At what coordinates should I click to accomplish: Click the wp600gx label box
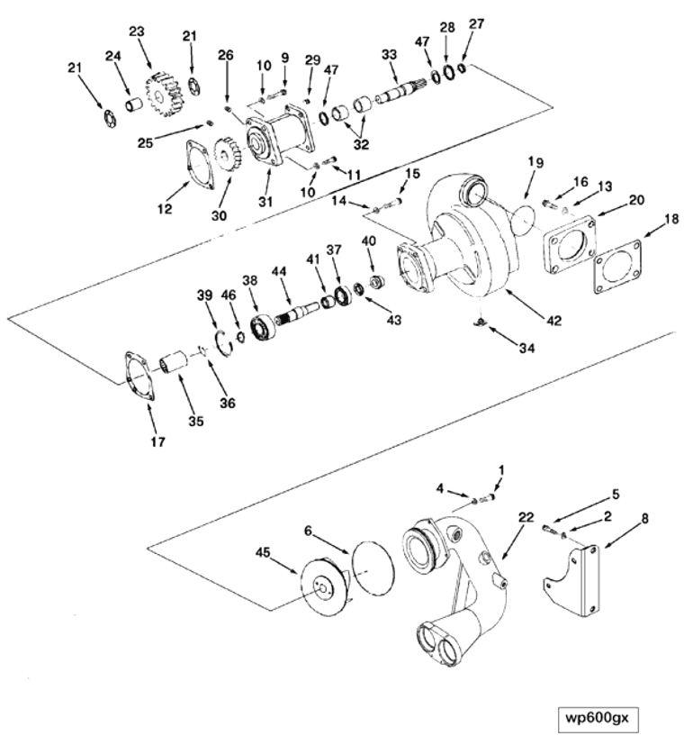[x=601, y=718]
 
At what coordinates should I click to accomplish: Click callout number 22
[x=526, y=516]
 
